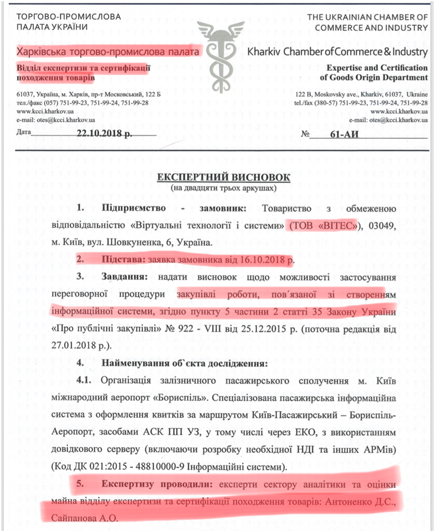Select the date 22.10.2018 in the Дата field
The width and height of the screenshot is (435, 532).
pos(109,133)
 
